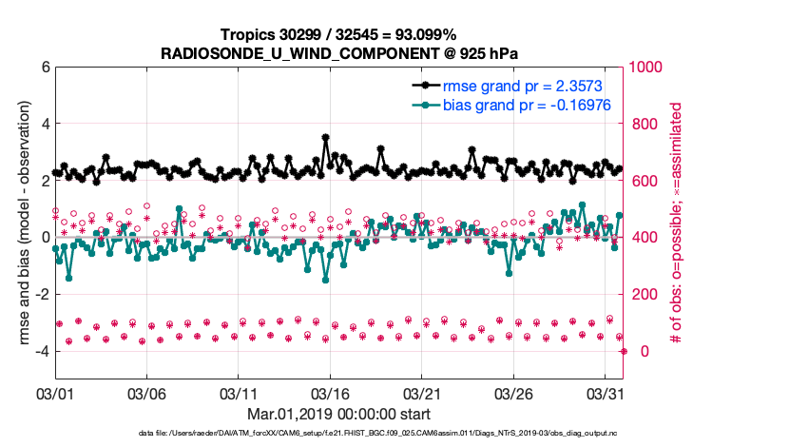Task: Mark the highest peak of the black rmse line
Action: point(326,138)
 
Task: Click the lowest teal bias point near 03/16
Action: point(325,280)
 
